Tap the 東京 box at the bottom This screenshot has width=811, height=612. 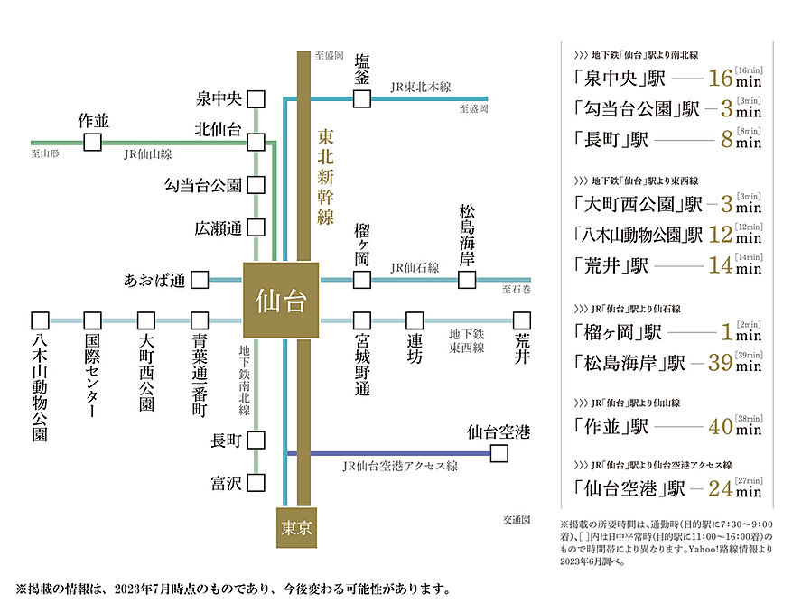(297, 528)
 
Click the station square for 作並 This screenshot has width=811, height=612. (92, 142)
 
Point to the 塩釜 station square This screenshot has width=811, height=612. (361, 98)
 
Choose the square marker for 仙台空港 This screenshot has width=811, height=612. (499, 454)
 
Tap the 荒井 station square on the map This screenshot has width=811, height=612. (521, 320)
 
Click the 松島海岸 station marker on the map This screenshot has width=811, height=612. (466, 280)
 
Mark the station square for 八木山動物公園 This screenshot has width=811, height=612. (39, 320)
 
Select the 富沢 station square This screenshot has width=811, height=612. (257, 483)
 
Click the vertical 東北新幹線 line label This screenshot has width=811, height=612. (327, 176)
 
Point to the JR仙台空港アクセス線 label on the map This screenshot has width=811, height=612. (400, 466)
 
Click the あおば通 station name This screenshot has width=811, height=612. (154, 280)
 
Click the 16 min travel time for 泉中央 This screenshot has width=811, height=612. (733, 78)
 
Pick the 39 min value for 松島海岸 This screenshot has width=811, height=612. (733, 363)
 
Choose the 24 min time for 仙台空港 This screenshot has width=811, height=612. (733, 489)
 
